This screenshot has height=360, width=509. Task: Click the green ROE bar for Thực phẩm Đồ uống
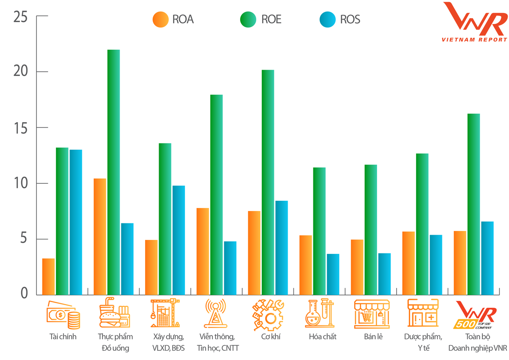click(113, 172)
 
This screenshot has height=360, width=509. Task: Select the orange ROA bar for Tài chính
click(48, 276)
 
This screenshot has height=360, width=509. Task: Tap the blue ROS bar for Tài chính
click(76, 222)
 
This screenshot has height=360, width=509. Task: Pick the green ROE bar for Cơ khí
click(268, 182)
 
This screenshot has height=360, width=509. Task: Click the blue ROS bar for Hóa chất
click(333, 274)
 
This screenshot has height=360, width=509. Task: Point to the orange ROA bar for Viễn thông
click(203, 251)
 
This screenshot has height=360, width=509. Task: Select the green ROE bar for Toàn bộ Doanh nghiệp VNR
click(473, 204)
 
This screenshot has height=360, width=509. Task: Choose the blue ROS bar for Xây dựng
click(179, 240)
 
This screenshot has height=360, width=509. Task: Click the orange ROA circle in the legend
click(160, 20)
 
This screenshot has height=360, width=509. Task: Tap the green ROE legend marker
click(247, 20)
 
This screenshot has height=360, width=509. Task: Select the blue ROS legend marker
click(327, 20)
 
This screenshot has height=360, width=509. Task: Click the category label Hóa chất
click(322, 337)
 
